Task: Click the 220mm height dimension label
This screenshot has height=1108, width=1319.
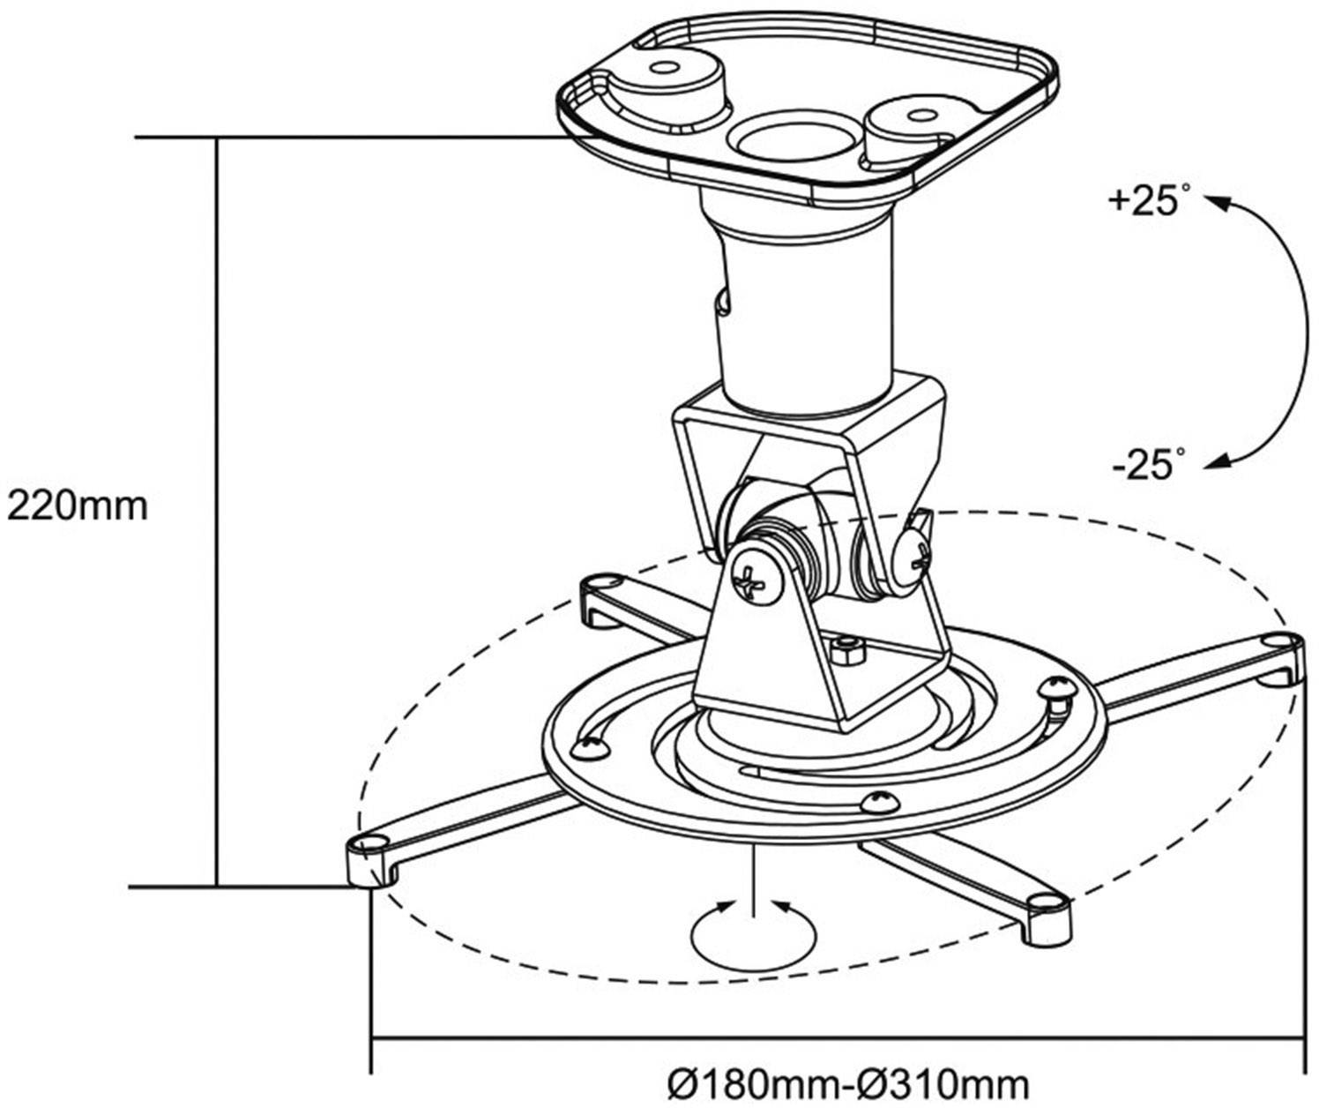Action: pyautogui.click(x=78, y=506)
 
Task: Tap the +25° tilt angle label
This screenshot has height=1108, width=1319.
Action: pyautogui.click(x=1144, y=201)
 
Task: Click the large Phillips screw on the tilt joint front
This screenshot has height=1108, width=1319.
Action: pyautogui.click(x=757, y=580)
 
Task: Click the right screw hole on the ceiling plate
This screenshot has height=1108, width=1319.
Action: pyautogui.click(x=920, y=115)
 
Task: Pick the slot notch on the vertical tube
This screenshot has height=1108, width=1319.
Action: pyautogui.click(x=723, y=300)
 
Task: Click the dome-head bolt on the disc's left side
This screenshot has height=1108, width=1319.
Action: pyautogui.click(x=588, y=748)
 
